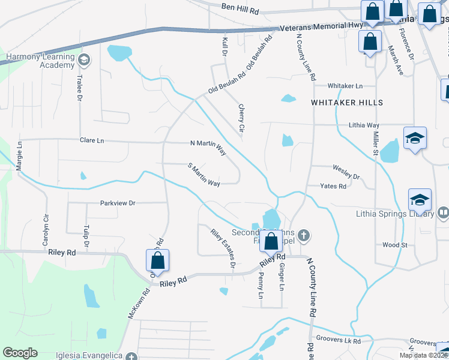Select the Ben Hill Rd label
pyautogui.click(x=240, y=7)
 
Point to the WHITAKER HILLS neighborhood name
pyautogui.click(x=347, y=103)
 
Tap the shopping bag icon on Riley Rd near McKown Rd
pyautogui.click(x=157, y=261)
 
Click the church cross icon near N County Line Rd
pyautogui.click(x=304, y=235)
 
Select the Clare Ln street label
pyautogui.click(x=92, y=140)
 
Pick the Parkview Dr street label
pyautogui.click(x=118, y=203)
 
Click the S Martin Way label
pyautogui.click(x=203, y=174)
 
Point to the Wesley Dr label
pyautogui.click(x=345, y=173)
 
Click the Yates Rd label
pyautogui.click(x=333, y=186)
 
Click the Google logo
pyautogui.click(x=20, y=353)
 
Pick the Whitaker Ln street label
pyautogui.click(x=345, y=86)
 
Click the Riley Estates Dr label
pyautogui.click(x=222, y=248)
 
